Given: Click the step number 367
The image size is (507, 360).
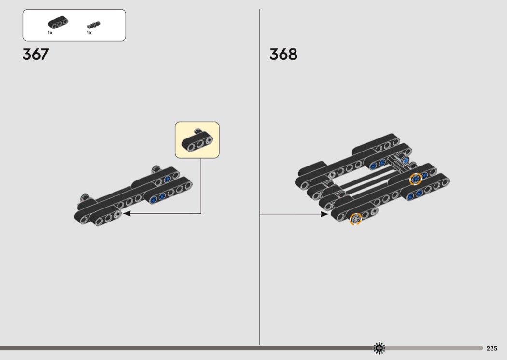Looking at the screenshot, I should (36, 54).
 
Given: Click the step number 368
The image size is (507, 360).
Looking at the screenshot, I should (283, 54).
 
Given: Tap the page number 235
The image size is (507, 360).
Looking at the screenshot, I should (492, 348).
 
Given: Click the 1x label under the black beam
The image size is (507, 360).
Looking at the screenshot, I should (50, 33).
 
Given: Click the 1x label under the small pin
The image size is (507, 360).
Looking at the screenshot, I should (89, 33).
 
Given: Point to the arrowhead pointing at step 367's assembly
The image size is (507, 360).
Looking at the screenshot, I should (127, 213).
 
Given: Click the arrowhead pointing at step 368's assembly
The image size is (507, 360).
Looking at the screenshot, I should (324, 214).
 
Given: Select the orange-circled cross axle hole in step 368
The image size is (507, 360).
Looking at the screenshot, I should (355, 219).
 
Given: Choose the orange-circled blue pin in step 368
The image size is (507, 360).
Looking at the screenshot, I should (415, 179).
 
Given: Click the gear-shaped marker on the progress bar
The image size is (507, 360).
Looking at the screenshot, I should (380, 348).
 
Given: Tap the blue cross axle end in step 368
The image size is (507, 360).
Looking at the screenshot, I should (406, 160).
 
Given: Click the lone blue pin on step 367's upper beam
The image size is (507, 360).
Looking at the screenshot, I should (168, 179).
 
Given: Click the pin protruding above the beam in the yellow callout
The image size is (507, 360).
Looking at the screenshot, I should (198, 130).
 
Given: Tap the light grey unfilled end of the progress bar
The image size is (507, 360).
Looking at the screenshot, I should (435, 348).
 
